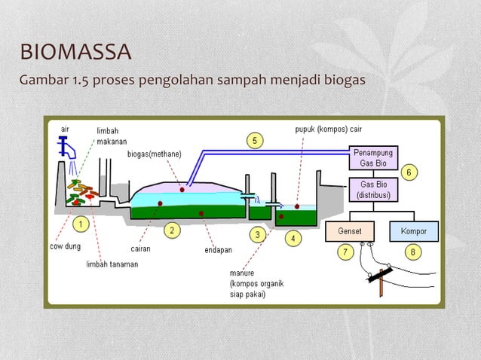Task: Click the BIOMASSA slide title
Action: [75, 53]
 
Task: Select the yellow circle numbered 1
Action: [79, 224]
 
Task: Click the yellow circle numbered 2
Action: [173, 230]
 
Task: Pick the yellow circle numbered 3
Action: [258, 234]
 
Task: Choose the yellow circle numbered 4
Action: [293, 239]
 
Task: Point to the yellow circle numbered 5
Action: [255, 140]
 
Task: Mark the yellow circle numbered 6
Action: [409, 172]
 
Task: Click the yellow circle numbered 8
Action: [412, 252]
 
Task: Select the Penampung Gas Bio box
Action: [373, 158]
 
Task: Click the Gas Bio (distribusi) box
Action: [373, 191]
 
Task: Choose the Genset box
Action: [349, 230]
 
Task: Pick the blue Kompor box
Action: [413, 230]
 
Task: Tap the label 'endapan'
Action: [218, 250]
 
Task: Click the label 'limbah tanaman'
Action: [112, 264]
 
